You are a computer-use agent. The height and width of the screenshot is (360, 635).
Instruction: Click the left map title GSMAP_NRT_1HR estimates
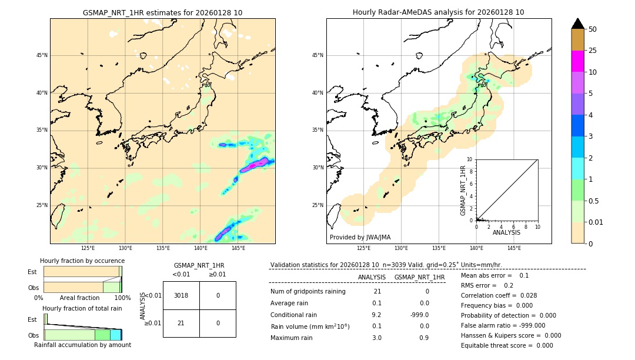pos(162,12)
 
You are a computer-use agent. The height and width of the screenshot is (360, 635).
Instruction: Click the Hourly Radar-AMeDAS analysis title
pos(439,12)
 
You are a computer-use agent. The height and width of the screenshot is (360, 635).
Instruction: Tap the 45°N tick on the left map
pos(42,55)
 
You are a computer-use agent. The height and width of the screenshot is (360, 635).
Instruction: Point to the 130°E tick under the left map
pos(125,248)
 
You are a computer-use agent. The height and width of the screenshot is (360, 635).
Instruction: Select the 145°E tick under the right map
pos(514,248)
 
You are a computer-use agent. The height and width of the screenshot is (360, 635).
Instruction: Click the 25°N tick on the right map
pos(318,205)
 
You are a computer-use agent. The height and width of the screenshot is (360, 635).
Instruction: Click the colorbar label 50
pos(593,29)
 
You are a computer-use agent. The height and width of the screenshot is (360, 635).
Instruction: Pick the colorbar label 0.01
pos(596,222)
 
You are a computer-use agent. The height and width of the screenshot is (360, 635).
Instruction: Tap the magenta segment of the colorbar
pos(577,61)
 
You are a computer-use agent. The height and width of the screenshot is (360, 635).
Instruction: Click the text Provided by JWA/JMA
pos(360,237)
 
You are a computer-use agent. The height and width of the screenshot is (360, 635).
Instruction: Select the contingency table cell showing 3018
pos(181,295)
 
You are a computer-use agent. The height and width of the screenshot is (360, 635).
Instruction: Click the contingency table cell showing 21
pos(181,323)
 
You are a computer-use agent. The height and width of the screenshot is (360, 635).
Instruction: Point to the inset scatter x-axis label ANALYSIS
pos(506,232)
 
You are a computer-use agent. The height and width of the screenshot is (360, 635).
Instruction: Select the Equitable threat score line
pos(507,345)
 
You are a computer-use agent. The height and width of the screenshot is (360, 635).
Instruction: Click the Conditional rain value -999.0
pos(420,315)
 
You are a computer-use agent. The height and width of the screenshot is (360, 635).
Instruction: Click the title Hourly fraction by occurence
pos(82,261)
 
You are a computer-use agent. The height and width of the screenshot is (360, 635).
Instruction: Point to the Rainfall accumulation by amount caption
pos(82,345)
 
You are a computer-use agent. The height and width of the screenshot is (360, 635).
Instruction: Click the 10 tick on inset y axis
pos(470,159)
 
